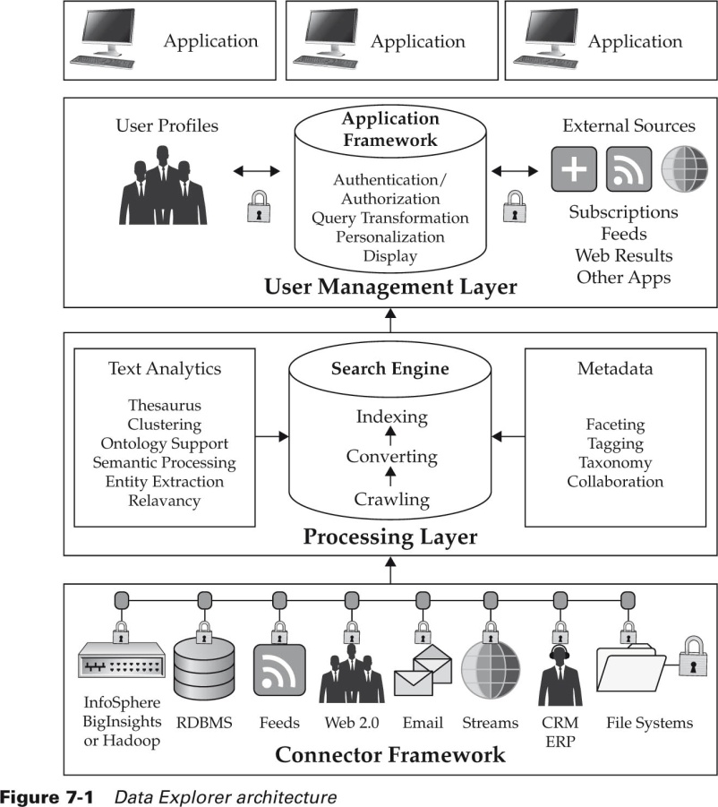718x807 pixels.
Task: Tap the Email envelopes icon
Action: tap(423, 670)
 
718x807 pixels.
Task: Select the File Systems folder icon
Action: tap(631, 668)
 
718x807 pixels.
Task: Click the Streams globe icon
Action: tap(491, 669)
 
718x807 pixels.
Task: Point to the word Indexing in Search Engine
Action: tap(392, 416)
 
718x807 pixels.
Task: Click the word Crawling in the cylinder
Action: tap(392, 499)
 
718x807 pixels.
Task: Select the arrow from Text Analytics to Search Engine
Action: tap(272, 437)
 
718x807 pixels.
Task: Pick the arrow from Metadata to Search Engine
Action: tap(509, 437)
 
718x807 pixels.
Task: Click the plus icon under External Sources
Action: tap(574, 168)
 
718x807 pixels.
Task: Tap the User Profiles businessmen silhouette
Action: tap(163, 185)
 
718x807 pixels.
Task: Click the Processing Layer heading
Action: tap(390, 537)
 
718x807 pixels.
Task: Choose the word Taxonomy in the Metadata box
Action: tap(615, 462)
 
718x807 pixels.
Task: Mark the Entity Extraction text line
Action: tap(165, 481)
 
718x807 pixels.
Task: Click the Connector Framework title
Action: tap(390, 754)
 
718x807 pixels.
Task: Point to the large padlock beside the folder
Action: tap(693, 657)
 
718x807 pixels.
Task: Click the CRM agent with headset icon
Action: tap(560, 675)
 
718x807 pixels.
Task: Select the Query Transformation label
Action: tap(390, 218)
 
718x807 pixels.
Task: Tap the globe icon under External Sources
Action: tap(685, 168)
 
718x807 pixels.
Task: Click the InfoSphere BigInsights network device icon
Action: tap(122, 660)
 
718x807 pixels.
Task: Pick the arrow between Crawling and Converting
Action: tap(391, 476)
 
